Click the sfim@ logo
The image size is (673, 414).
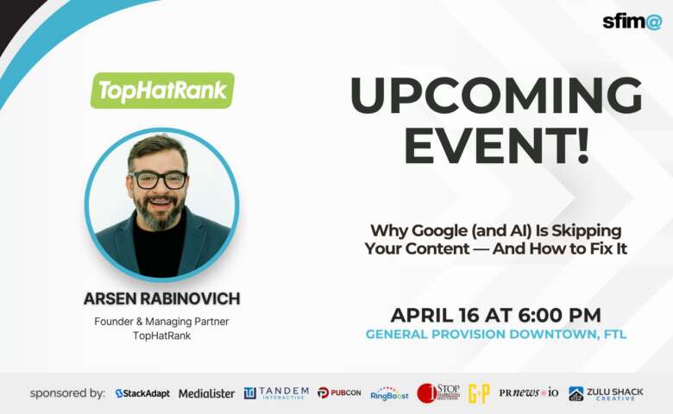[x=631, y=22]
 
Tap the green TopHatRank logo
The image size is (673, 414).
[x=162, y=91]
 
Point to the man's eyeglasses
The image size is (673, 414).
[x=159, y=179]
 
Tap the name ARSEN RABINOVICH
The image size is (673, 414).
[x=161, y=299]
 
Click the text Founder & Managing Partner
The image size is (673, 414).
[x=161, y=321]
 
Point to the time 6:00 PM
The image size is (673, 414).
[x=557, y=315]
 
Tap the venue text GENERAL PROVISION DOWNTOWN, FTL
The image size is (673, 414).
[x=495, y=335]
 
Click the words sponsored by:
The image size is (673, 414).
[x=67, y=393]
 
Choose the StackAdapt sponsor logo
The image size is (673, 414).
[x=142, y=393]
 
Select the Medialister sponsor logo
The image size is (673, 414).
[x=206, y=393]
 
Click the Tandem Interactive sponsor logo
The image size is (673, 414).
[x=275, y=393]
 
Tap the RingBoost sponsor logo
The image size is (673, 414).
[x=389, y=393]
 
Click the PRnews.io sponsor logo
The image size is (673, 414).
[x=528, y=393]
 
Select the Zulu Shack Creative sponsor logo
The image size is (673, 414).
[x=606, y=393]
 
